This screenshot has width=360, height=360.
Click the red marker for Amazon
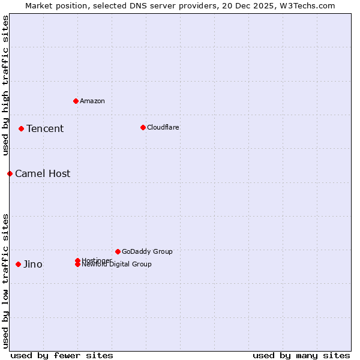point(76,101)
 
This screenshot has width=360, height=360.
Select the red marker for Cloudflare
point(143,127)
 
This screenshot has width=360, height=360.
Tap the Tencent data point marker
point(21,128)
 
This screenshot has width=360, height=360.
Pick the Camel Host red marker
point(10,173)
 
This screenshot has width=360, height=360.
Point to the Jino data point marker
point(18,264)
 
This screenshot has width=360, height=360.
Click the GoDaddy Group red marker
point(118,251)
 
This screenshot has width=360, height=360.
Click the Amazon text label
point(92,101)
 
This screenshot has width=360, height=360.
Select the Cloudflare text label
point(163,127)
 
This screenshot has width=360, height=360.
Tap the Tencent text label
point(45,128)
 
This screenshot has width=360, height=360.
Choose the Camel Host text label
point(43,173)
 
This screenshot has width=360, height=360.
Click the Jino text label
point(33,264)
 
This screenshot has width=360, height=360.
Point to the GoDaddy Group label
point(147,251)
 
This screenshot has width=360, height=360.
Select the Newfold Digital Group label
point(117,265)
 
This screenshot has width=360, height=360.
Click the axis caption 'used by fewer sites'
point(62,355)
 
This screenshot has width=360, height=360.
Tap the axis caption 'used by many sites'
point(301,355)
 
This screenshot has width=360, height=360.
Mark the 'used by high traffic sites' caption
point(5,86)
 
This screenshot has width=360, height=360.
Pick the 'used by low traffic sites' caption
point(5,281)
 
